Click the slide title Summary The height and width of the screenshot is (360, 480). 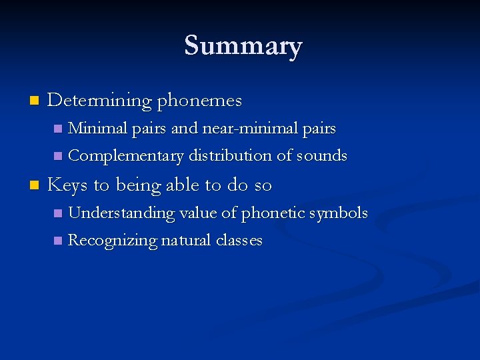[243, 46]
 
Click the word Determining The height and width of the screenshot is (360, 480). [100, 101]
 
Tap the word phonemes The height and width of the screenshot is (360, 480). [199, 101]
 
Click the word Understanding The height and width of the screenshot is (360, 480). [121, 213]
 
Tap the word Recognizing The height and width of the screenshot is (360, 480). [113, 241]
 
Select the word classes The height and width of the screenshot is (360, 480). [239, 240]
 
